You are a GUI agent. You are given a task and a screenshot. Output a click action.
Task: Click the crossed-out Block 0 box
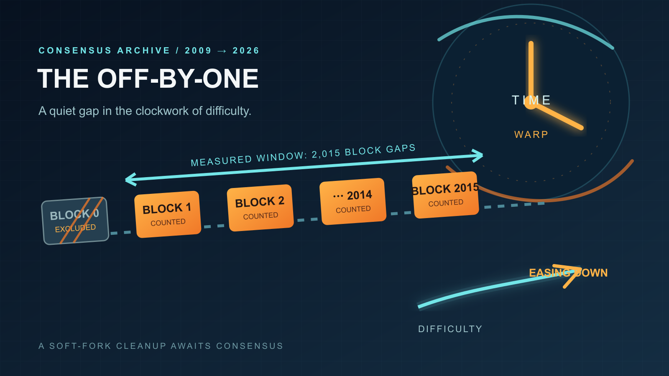tap(75, 221)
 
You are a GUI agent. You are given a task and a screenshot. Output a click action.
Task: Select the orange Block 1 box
tap(168, 214)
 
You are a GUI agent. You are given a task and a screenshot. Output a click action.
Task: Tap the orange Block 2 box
tap(260, 208)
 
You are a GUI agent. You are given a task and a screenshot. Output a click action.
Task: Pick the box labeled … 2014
tap(353, 201)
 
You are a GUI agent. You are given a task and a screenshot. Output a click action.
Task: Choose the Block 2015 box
tap(445, 195)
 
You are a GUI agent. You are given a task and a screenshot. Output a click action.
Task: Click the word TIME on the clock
tap(531, 100)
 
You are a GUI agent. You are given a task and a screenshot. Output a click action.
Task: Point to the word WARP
tap(531, 135)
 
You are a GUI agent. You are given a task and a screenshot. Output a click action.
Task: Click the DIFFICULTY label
tap(450, 329)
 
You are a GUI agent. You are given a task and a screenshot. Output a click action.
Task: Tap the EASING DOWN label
tap(568, 273)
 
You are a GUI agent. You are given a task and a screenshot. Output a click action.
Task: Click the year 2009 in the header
tap(198, 51)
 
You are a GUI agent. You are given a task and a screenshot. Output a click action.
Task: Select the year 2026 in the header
tap(246, 51)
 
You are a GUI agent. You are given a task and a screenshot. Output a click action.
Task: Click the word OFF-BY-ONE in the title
tap(178, 79)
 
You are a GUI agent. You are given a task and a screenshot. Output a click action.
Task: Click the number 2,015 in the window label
tap(326, 154)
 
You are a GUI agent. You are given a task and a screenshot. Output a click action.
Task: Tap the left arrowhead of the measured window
tap(131, 179)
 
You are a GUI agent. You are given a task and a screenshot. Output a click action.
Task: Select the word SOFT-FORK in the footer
tap(80, 346)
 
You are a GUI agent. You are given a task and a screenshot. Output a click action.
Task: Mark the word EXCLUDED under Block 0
tap(75, 228)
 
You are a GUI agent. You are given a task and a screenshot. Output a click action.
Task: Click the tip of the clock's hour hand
tap(582, 128)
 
